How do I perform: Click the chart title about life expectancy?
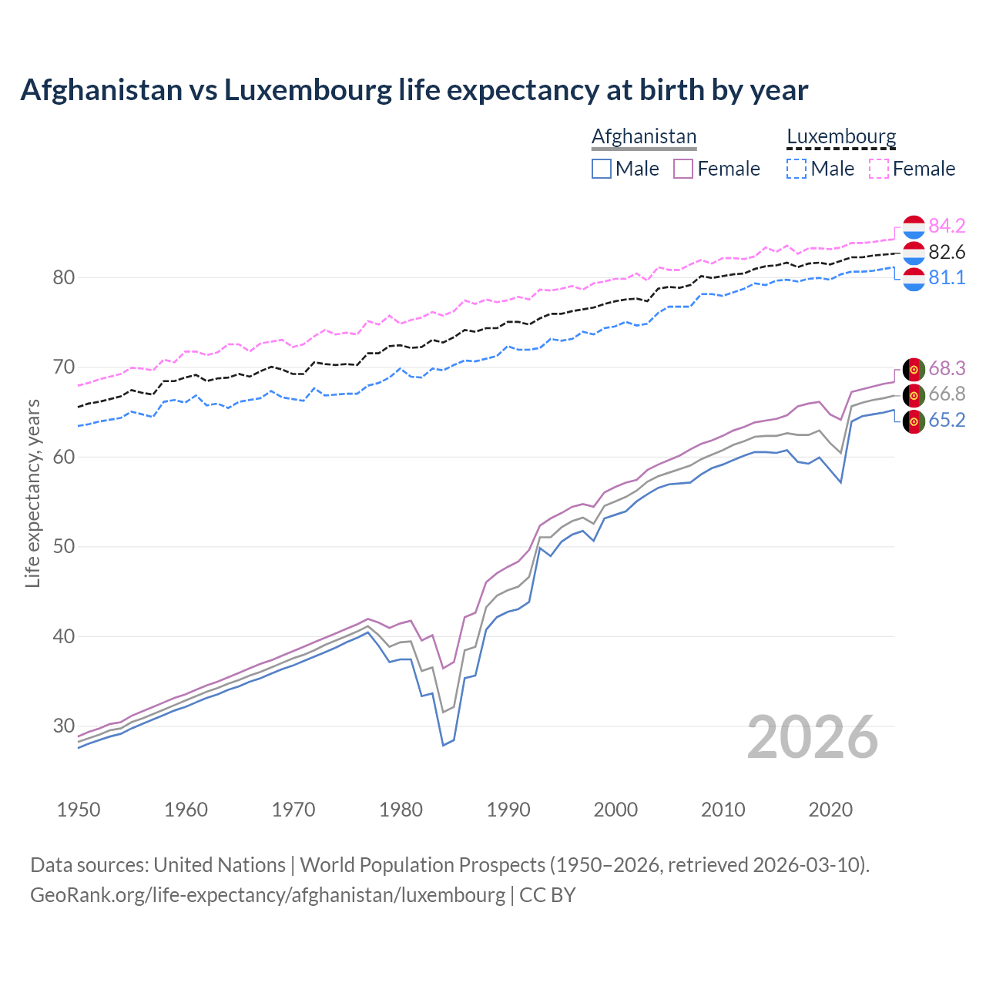click(x=414, y=90)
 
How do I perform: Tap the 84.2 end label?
click(x=947, y=226)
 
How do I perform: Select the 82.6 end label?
click(x=947, y=252)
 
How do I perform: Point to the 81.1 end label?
click(x=947, y=277)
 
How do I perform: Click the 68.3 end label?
click(x=947, y=368)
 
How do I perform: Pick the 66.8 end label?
click(x=947, y=394)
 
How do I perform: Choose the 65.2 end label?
click(x=947, y=420)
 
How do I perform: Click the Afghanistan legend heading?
click(x=644, y=136)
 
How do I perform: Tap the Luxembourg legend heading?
click(x=841, y=136)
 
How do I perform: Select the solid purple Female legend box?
click(x=683, y=169)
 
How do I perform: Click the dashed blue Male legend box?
click(x=797, y=169)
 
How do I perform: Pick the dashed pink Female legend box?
click(x=879, y=169)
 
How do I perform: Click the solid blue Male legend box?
click(x=602, y=169)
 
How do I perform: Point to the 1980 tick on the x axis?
click(x=401, y=810)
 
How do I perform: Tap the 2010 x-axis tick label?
click(x=723, y=810)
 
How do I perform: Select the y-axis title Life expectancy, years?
click(x=32, y=493)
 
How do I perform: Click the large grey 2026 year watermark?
click(x=812, y=737)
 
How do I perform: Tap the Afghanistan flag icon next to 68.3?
click(x=914, y=369)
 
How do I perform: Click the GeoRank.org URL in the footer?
click(x=267, y=895)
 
